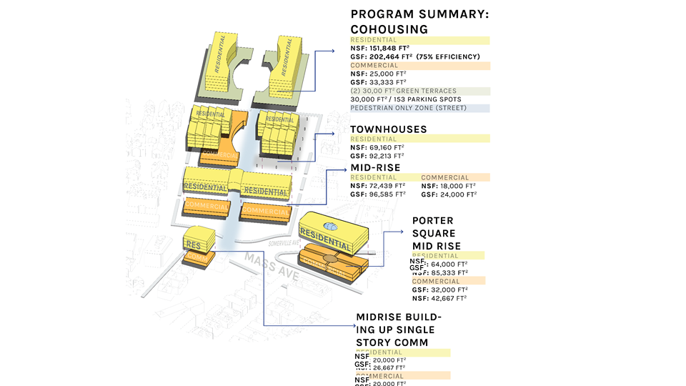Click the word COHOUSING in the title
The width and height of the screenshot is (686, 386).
pos(389,29)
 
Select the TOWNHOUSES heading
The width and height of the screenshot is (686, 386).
pos(388,129)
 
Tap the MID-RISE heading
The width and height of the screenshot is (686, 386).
pos(375,168)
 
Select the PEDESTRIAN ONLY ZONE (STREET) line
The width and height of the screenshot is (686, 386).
pos(407,108)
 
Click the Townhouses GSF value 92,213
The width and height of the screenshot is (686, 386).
pos(386,155)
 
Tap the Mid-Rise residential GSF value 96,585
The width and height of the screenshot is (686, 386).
pos(387,194)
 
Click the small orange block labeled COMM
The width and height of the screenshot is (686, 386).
pos(195,257)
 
